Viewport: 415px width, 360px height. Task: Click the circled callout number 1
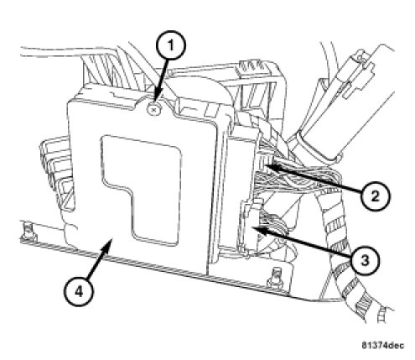point(171,45)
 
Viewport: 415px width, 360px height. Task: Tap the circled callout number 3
point(365,260)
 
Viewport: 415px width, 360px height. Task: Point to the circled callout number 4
point(79,292)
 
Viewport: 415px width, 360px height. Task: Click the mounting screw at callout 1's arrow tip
point(153,109)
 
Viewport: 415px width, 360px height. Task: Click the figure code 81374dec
point(383,345)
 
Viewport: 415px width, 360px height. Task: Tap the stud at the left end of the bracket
point(27,231)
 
